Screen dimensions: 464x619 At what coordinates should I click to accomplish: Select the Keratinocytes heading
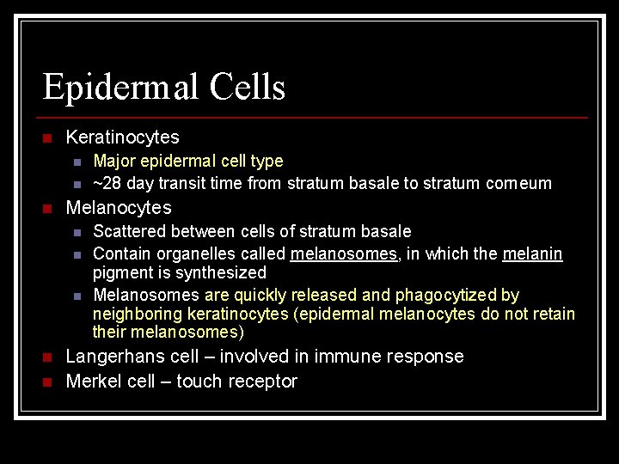click(x=122, y=137)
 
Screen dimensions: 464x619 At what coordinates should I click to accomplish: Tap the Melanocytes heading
click(x=119, y=208)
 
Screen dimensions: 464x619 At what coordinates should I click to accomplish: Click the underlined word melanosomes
click(x=344, y=254)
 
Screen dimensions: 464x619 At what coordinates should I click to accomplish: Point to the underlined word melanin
click(x=533, y=254)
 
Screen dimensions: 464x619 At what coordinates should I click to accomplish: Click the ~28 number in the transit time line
click(x=106, y=184)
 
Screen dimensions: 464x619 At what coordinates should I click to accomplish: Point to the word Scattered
click(x=130, y=232)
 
